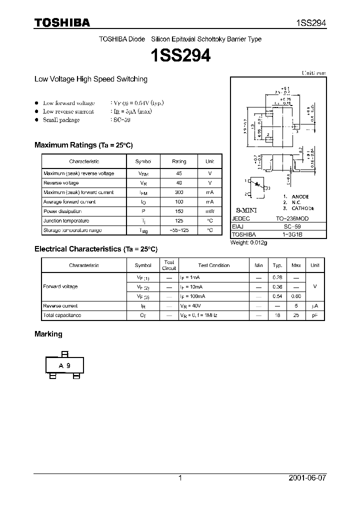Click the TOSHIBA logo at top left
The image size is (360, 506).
(x=62, y=22)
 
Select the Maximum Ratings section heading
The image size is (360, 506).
(x=83, y=145)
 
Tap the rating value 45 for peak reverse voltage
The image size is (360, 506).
(x=179, y=173)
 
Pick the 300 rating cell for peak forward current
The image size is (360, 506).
(x=179, y=192)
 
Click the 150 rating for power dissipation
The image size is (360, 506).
(x=179, y=211)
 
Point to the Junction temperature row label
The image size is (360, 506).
(x=66, y=221)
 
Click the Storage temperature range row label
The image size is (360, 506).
(x=72, y=230)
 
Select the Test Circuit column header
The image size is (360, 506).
(x=169, y=265)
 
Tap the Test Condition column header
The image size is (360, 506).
(x=213, y=265)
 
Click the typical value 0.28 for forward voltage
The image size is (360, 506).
(x=277, y=277)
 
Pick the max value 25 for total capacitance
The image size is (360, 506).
(x=296, y=315)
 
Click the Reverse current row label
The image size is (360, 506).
(x=60, y=305)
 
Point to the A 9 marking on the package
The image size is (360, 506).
(x=64, y=365)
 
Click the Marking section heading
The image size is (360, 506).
(x=48, y=334)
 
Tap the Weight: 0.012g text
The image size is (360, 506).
(x=248, y=242)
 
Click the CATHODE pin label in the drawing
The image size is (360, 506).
(x=303, y=208)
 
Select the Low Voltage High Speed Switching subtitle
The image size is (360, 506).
(x=90, y=79)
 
